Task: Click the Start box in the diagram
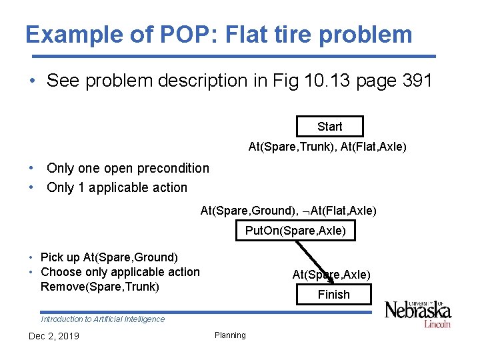point(329,127)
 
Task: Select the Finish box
point(333,294)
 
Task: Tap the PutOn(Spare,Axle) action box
point(295,231)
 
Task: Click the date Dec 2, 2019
point(53,336)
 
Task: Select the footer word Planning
point(230,335)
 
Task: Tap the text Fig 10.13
point(299,81)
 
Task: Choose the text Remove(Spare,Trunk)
point(100,287)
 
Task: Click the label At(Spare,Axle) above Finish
point(331,275)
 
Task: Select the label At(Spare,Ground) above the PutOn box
point(247,211)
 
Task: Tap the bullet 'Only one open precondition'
point(127,169)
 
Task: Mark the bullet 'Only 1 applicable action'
point(117,187)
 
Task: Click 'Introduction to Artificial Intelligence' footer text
point(103,319)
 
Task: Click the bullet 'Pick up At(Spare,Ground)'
point(109,257)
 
